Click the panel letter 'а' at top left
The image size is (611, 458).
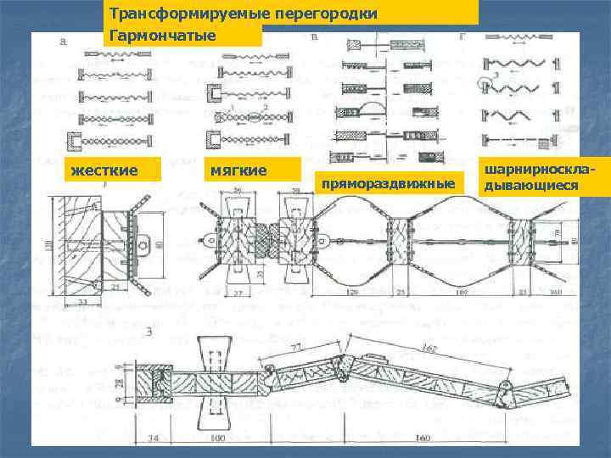(65, 40)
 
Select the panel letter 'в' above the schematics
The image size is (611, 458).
(317, 38)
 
